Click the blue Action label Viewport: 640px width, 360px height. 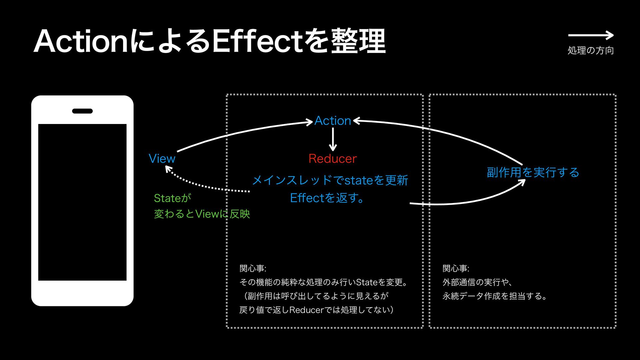[333, 121]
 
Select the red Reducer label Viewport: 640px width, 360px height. [332, 159]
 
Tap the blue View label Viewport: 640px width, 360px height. [162, 159]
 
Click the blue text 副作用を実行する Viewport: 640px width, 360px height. [533, 172]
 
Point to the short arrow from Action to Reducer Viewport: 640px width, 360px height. [333, 139]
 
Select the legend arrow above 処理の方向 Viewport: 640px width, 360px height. [590, 35]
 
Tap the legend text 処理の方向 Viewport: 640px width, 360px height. [590, 50]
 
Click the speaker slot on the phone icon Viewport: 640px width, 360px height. [82, 111]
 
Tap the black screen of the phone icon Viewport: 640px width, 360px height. [82, 202]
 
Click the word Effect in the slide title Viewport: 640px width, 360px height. [257, 42]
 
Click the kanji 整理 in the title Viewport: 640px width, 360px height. [358, 42]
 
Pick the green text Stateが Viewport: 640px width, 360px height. [172, 198]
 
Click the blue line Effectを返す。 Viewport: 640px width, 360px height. [327, 198]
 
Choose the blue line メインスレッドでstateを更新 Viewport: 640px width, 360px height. [330, 180]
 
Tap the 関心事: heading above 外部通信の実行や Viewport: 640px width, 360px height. [456, 268]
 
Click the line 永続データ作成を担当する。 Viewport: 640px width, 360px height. [495, 296]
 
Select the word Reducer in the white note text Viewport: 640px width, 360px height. [306, 310]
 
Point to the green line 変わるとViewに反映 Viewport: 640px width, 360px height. [202, 214]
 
